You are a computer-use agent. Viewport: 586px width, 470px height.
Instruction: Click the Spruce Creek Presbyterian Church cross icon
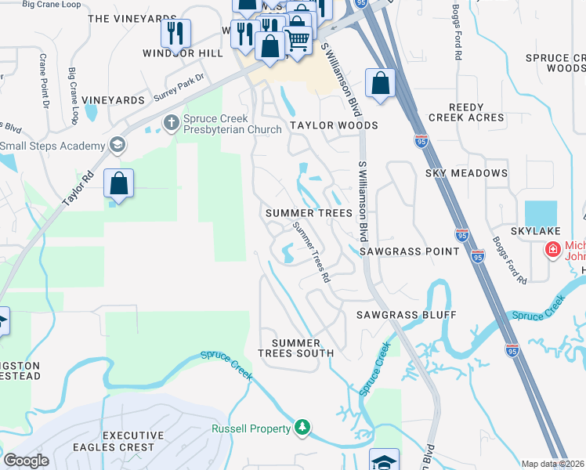[x=172, y=123]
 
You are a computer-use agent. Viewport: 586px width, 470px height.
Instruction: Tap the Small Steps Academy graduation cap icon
[x=117, y=145]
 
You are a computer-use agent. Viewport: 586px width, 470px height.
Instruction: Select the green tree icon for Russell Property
[x=302, y=427]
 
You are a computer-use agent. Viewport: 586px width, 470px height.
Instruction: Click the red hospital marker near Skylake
[x=553, y=249]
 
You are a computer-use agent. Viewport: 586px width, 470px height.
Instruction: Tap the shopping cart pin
[x=297, y=38]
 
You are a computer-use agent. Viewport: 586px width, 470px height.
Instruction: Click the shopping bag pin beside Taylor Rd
[x=118, y=185]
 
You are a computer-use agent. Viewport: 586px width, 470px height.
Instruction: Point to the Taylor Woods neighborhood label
[x=334, y=125]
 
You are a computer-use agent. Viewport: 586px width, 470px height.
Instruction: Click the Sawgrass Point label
[x=409, y=251]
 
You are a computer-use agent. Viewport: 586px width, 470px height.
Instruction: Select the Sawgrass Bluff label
[x=406, y=314]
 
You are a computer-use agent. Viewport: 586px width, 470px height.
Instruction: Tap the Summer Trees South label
[x=302, y=348]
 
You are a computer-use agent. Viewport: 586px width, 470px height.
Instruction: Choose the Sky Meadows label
[x=466, y=172]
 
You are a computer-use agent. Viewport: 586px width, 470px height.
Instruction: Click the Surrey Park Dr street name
[x=179, y=88]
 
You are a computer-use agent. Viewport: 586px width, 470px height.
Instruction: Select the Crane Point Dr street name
[x=44, y=81]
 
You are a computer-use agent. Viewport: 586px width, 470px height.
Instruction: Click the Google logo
[x=26, y=461]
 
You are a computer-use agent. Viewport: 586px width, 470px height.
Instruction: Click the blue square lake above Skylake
[x=541, y=211]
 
